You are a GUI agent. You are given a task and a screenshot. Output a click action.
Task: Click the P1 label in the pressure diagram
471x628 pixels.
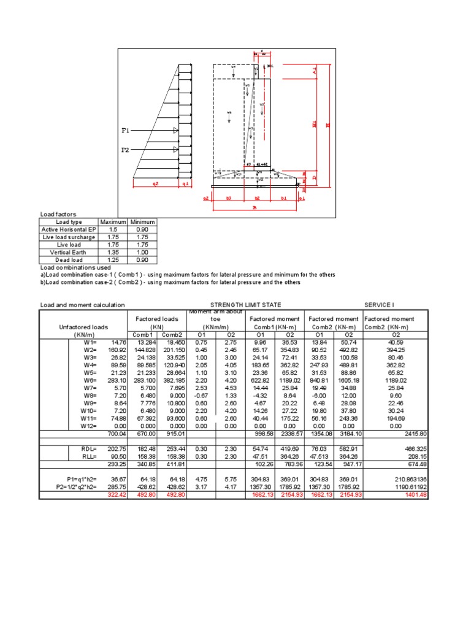click(x=126, y=131)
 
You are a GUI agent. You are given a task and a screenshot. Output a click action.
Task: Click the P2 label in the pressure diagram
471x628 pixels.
click(x=126, y=150)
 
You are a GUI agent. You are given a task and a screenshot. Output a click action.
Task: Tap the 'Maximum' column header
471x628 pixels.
click(x=112, y=221)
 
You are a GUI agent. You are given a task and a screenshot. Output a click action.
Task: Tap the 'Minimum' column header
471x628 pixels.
click(x=142, y=221)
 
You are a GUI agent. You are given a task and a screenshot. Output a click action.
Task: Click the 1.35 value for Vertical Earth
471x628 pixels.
click(x=112, y=251)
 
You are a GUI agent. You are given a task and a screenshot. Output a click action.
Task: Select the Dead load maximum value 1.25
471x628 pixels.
click(x=112, y=259)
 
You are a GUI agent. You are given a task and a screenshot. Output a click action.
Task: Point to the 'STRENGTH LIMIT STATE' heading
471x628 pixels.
click(x=246, y=305)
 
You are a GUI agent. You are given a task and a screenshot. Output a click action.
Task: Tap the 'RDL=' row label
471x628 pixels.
click(x=90, y=450)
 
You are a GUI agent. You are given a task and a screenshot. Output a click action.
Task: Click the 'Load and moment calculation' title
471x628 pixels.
click(x=82, y=305)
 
